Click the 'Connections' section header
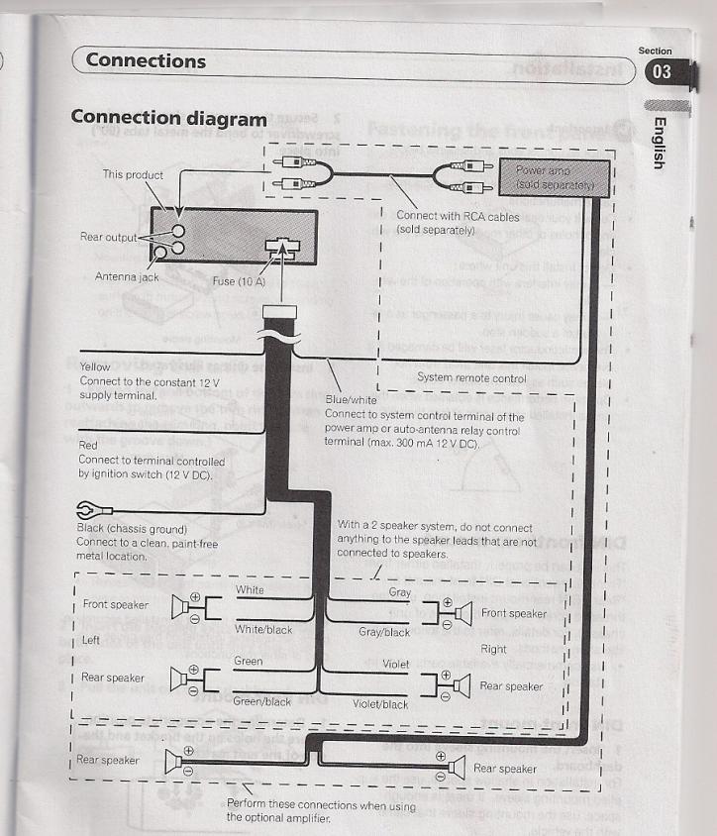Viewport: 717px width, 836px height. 146,59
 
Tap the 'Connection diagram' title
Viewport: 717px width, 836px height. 168,117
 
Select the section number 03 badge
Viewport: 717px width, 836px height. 657,71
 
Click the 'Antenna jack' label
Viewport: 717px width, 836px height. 127,276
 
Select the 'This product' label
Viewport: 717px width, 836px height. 132,174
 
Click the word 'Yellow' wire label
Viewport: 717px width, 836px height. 94,366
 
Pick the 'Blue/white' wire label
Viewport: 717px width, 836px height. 349,399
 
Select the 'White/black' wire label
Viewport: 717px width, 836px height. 262,629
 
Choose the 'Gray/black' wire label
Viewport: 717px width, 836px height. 382,631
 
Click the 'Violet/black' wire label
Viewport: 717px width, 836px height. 380,704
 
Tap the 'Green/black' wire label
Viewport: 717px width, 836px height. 261,702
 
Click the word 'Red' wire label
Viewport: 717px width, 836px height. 87,446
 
